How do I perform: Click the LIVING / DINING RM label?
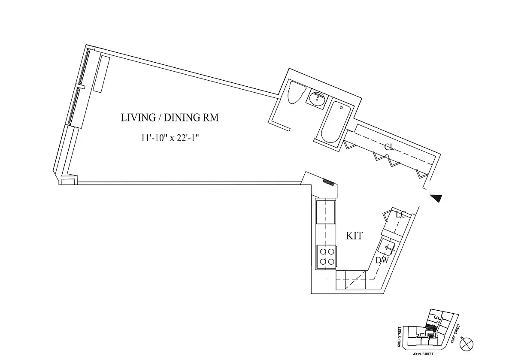pos(170,118)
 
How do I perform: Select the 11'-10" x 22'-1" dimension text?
pos(170,138)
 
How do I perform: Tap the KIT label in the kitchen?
pos(354,236)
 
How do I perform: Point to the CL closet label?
pos(390,147)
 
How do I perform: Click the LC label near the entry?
pos(400,215)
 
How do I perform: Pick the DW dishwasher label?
pos(382,260)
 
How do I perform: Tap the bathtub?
pos(336,123)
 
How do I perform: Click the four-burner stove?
pos(327,257)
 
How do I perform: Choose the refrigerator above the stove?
pos(326,212)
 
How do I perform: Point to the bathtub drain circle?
pos(342,108)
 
